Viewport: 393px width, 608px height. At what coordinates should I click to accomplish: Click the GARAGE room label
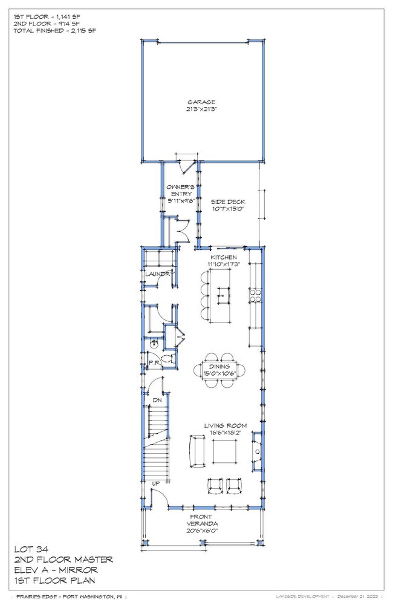[201, 102]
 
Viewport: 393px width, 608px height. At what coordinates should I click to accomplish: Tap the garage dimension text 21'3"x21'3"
[201, 110]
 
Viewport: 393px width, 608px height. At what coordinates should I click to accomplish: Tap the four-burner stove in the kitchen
[255, 295]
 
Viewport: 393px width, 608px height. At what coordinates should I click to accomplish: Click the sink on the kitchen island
[222, 296]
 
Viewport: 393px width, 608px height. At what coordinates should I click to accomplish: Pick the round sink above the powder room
[154, 344]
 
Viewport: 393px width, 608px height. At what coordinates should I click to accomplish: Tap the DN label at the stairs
[156, 400]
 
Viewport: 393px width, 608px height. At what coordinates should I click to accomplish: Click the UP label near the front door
[155, 483]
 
